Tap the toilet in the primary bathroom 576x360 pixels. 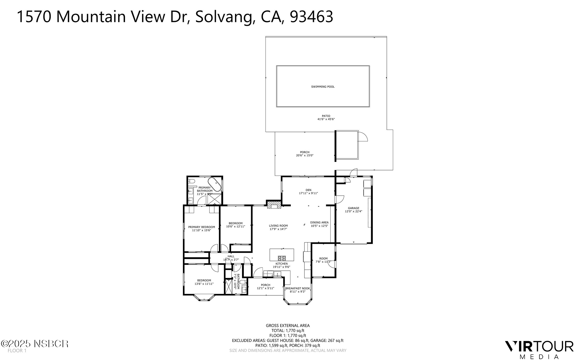pos(191,182)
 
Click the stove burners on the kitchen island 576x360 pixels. pos(282,258)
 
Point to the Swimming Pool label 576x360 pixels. pos(323,87)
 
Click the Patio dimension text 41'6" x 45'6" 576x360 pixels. pos(326,119)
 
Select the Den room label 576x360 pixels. pos(308,190)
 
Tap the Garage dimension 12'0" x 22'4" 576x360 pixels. pos(354,212)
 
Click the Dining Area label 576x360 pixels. pos(319,223)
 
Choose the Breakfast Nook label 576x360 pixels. pos(297,288)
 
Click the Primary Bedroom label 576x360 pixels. pos(201,227)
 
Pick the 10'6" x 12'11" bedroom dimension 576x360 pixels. pos(236,226)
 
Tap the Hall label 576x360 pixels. pos(231,256)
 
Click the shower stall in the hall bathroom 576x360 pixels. pos(228,287)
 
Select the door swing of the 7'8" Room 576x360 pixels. pos(331,265)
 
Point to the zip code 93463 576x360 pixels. pos(311,17)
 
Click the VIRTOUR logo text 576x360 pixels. pos(539,347)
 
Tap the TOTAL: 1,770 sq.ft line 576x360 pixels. pos(288,330)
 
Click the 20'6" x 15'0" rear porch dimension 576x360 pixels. pos(304,155)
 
